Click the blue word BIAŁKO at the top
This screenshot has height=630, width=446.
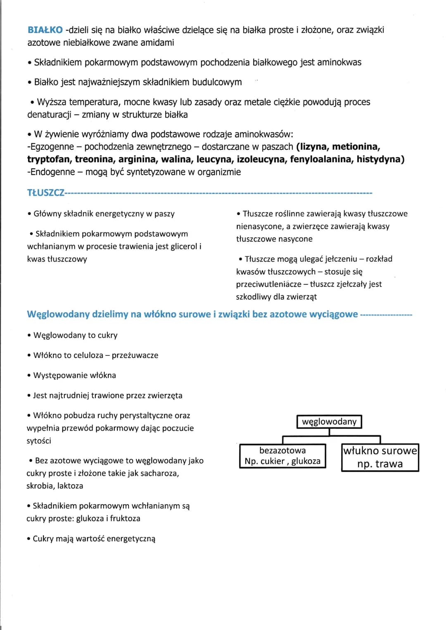[45, 30]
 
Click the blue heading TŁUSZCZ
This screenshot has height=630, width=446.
[46, 193]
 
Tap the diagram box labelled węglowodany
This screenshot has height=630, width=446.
[329, 422]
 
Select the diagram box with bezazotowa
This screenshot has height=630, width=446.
[282, 456]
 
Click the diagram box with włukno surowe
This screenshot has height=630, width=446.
[380, 457]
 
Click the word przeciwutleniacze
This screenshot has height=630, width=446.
[268, 284]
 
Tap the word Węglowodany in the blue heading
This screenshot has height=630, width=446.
[58, 314]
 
